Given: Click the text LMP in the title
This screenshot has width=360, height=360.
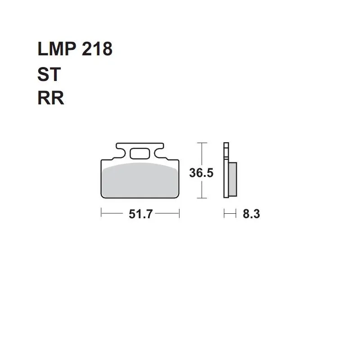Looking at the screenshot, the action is click(57, 49).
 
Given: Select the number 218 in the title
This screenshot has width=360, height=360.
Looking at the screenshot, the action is click(97, 49).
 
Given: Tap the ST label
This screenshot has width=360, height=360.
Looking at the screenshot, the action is click(49, 74).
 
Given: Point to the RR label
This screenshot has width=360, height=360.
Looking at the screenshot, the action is click(51, 98).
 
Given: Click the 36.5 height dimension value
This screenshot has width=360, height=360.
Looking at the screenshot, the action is click(201, 173).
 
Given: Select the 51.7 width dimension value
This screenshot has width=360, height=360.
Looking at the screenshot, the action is click(140, 214).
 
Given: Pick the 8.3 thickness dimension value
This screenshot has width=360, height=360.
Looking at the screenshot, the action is click(251, 214).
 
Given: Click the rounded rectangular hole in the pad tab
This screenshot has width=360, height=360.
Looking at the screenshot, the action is click(140, 154).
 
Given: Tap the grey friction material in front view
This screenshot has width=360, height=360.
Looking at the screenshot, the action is click(140, 180).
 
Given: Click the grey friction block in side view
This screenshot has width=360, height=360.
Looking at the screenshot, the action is click(233, 179).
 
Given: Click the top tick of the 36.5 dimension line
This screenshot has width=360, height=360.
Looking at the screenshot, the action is click(202, 143).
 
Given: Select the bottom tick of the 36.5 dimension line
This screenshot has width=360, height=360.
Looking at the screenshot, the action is click(202, 198).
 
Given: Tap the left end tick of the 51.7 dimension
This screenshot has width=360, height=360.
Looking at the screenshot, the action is click(101, 213).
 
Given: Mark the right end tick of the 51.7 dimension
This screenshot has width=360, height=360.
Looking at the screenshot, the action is click(179, 213).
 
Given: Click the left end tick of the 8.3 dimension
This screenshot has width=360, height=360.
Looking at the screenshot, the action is click(224, 213).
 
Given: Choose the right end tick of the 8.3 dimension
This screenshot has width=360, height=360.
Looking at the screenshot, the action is click(236, 213).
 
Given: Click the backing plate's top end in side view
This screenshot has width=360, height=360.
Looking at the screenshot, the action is click(226, 143).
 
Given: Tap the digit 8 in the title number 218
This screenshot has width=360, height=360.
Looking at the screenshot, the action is click(107, 49).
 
